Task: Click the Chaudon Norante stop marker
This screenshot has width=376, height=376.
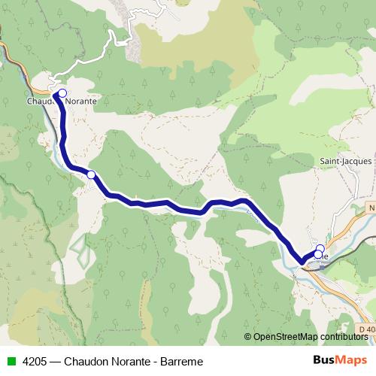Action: tap(62, 94)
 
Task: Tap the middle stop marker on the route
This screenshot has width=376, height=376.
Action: tap(91, 174)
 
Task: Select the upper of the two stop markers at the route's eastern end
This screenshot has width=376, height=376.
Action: tap(320, 249)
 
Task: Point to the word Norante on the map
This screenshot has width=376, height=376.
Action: tap(81, 99)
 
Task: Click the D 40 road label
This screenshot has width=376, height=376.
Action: tap(366, 330)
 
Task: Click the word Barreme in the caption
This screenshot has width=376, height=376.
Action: tap(183, 361)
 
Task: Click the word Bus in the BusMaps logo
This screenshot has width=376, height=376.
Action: tap(323, 360)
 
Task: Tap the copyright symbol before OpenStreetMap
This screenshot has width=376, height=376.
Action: tap(247, 336)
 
